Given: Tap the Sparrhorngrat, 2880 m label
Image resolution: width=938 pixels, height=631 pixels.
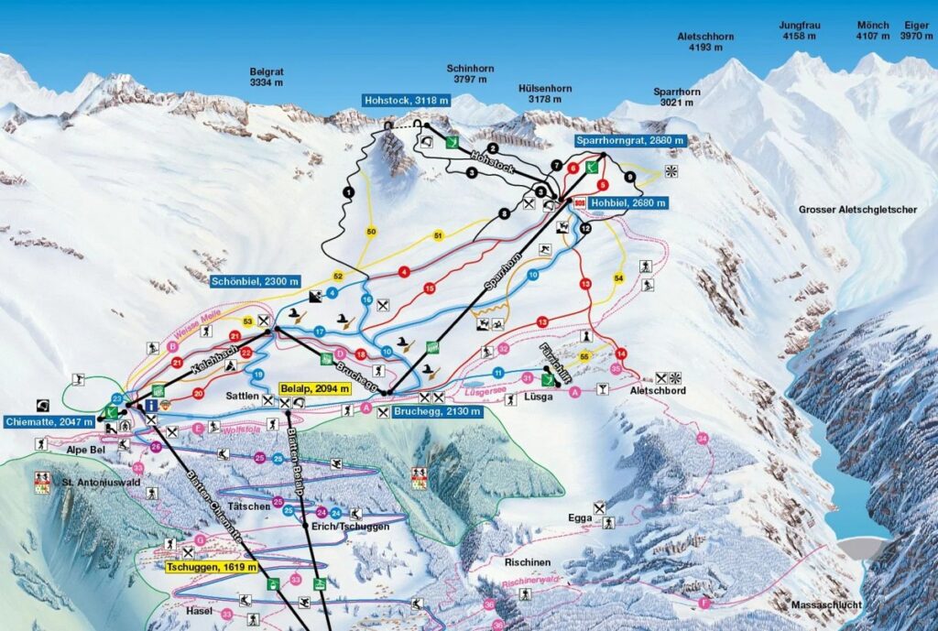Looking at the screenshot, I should point(623,141).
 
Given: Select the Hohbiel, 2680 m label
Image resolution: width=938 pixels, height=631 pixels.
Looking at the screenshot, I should point(627,202).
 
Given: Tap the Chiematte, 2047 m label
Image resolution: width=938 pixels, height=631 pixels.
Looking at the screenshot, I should point(49,421).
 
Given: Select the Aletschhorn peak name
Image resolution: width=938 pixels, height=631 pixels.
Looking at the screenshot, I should point(705,42).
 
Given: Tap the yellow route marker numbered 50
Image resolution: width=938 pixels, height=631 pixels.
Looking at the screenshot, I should point(371,232).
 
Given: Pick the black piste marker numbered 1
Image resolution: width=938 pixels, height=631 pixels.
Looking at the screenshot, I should point(348,192).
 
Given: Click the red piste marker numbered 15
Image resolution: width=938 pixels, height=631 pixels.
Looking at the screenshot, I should point(429,288).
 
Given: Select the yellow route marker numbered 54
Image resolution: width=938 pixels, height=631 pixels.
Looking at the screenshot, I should point(618,277).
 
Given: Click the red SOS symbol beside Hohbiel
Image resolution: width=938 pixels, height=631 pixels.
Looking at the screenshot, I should point(579,202).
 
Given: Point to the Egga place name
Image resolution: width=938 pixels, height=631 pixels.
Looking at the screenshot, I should point(580,518).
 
